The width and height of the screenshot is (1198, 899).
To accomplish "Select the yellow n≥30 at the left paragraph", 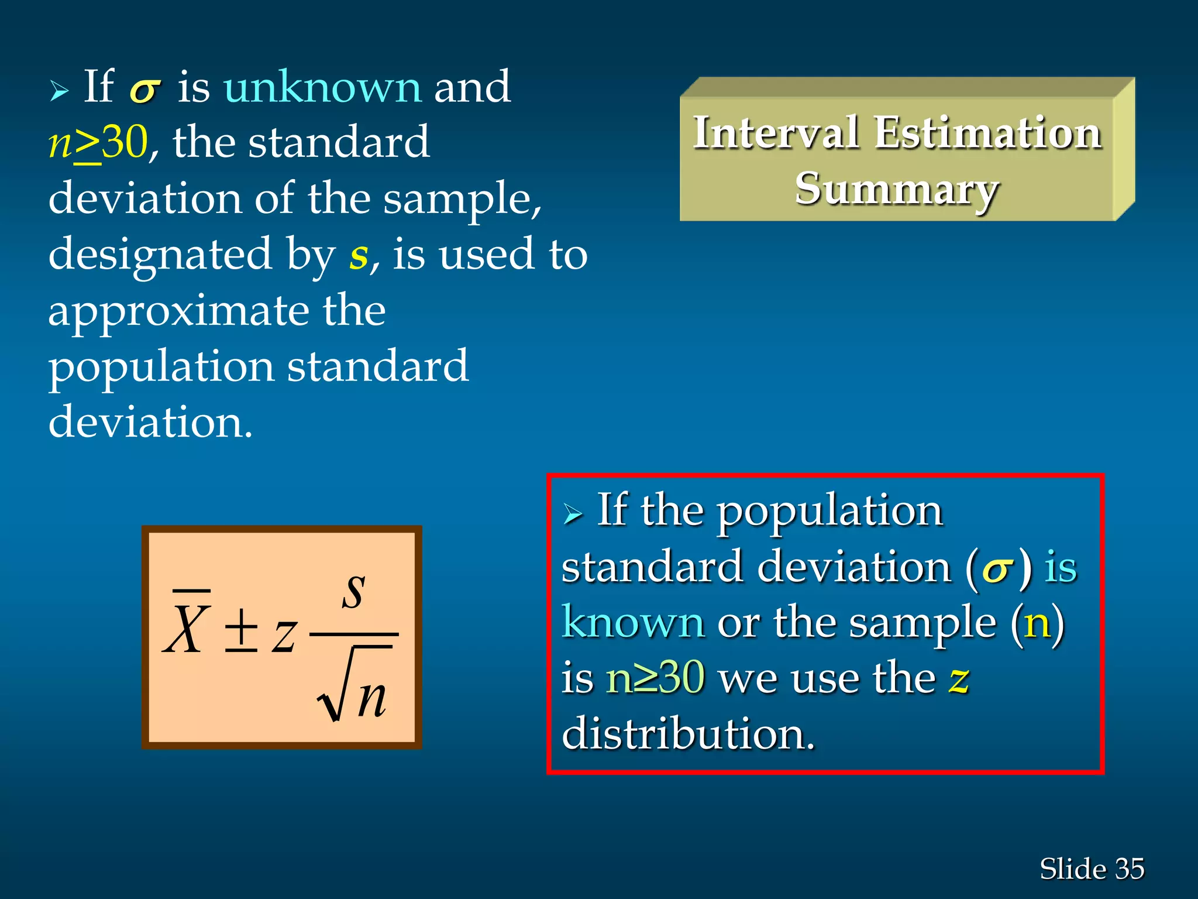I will point(98,142).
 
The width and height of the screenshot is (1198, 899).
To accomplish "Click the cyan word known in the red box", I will point(633,622).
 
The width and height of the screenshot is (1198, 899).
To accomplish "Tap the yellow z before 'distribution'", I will point(959,679).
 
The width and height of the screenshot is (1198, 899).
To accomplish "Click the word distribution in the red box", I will point(688,734).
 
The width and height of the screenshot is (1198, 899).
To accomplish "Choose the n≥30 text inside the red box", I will point(655,678).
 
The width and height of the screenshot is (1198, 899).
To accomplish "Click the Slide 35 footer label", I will point(1092,869).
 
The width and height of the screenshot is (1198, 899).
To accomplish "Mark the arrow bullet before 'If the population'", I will point(573,514).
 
